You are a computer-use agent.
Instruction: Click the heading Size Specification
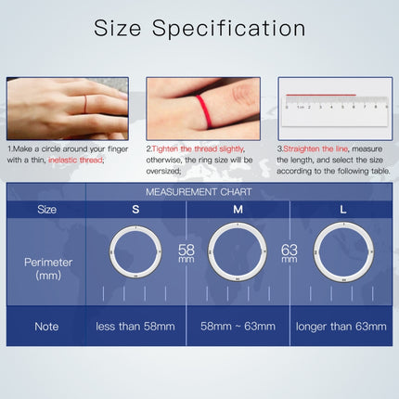click(x=199, y=29)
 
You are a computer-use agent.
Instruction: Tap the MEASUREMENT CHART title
click(x=238, y=192)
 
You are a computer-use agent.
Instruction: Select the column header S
click(x=135, y=210)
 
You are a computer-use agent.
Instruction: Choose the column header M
click(x=238, y=210)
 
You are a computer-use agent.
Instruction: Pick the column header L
click(x=342, y=210)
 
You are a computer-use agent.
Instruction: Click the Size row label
click(x=46, y=210)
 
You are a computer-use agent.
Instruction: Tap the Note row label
click(x=46, y=327)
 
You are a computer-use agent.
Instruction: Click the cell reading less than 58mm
click(x=135, y=327)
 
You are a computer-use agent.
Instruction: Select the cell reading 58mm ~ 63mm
click(x=238, y=327)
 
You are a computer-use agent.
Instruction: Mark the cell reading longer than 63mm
click(x=342, y=327)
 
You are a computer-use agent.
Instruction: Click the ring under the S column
click(x=135, y=251)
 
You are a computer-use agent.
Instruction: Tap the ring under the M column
click(x=238, y=251)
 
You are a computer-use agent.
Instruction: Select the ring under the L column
click(x=342, y=251)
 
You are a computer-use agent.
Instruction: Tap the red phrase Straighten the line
click(x=312, y=148)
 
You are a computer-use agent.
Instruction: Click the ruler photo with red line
click(x=332, y=108)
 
